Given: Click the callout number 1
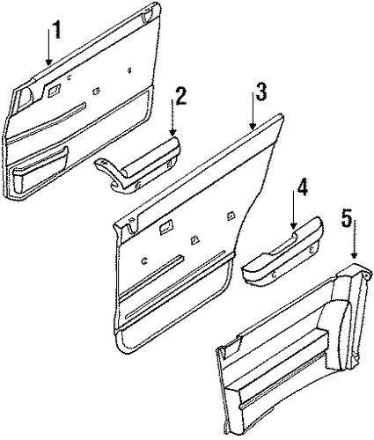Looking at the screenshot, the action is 57,30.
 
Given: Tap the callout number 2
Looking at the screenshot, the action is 180,96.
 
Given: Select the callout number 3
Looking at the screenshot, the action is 260,92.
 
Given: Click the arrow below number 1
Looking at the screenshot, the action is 49,44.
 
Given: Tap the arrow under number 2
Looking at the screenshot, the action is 172,117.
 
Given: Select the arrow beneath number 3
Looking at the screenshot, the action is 253,111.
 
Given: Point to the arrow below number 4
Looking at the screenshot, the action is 294,209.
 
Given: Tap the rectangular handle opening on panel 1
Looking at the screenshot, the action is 55,90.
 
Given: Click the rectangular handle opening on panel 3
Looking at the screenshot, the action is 165,227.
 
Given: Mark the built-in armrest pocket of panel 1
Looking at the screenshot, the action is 39,172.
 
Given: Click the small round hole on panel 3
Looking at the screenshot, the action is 145,260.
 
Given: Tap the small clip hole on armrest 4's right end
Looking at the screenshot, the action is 311,250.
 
